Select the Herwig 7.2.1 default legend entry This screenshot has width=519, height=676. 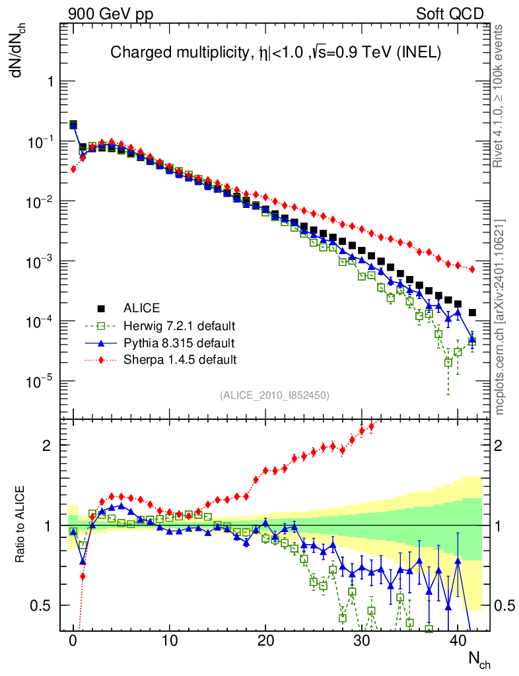pos(179,325)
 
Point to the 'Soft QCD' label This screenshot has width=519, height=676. pos(450,14)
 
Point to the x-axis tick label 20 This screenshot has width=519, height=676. pos(265,641)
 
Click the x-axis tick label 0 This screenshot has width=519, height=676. pos(73,641)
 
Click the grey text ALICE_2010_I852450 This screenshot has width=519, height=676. pos(274,395)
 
